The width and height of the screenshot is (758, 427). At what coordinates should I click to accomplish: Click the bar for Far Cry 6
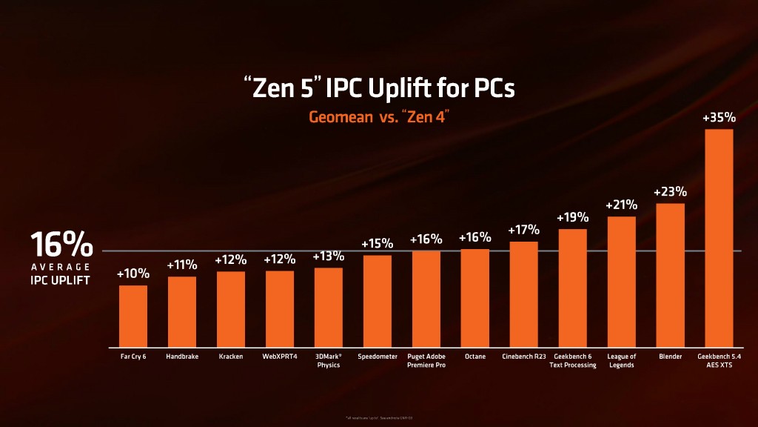(x=133, y=316)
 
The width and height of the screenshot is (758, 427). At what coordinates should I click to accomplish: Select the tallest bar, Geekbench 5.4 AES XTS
(x=719, y=238)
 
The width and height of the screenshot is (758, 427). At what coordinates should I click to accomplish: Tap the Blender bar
(x=670, y=275)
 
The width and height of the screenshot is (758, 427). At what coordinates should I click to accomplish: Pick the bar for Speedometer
(x=378, y=301)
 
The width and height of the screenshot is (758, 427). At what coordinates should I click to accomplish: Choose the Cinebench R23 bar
(x=523, y=294)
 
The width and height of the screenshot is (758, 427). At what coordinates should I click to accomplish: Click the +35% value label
(x=719, y=117)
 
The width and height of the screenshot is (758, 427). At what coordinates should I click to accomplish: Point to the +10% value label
(x=133, y=274)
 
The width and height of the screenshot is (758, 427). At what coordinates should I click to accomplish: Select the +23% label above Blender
(x=670, y=191)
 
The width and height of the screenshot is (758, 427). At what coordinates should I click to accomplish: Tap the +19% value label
(x=572, y=217)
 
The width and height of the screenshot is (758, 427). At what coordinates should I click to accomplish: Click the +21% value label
(x=621, y=205)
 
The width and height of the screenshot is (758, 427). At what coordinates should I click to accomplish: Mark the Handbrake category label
(x=181, y=357)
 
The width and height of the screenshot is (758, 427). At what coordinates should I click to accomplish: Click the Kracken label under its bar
(x=230, y=357)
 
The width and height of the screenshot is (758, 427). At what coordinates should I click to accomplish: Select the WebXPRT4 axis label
(x=279, y=357)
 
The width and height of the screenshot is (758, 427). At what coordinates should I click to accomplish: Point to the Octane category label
(x=474, y=357)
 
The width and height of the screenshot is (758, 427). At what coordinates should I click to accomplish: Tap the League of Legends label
(x=621, y=360)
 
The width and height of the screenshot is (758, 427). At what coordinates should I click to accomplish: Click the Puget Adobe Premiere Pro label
(x=426, y=360)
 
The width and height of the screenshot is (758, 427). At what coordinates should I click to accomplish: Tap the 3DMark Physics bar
(x=328, y=307)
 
